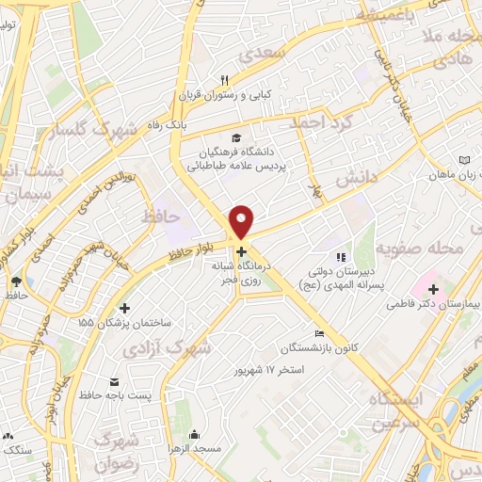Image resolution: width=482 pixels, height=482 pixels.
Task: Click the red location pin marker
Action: pos(243,221)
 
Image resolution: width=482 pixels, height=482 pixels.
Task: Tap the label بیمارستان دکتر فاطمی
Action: pos(445,305)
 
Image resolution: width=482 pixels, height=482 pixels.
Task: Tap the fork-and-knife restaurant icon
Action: pos(224,81)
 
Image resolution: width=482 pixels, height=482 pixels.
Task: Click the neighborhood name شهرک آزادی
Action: pos(168,347)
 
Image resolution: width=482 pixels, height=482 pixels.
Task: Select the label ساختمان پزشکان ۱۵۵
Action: pos(125,322)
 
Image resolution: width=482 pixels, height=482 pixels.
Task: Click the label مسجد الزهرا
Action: pos(195,450)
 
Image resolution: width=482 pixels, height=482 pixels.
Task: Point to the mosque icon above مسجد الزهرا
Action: pos(195,435)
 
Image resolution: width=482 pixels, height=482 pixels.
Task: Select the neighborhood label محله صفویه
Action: pos(420,249)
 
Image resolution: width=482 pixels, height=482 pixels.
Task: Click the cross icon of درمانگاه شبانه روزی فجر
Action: pos(243,251)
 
